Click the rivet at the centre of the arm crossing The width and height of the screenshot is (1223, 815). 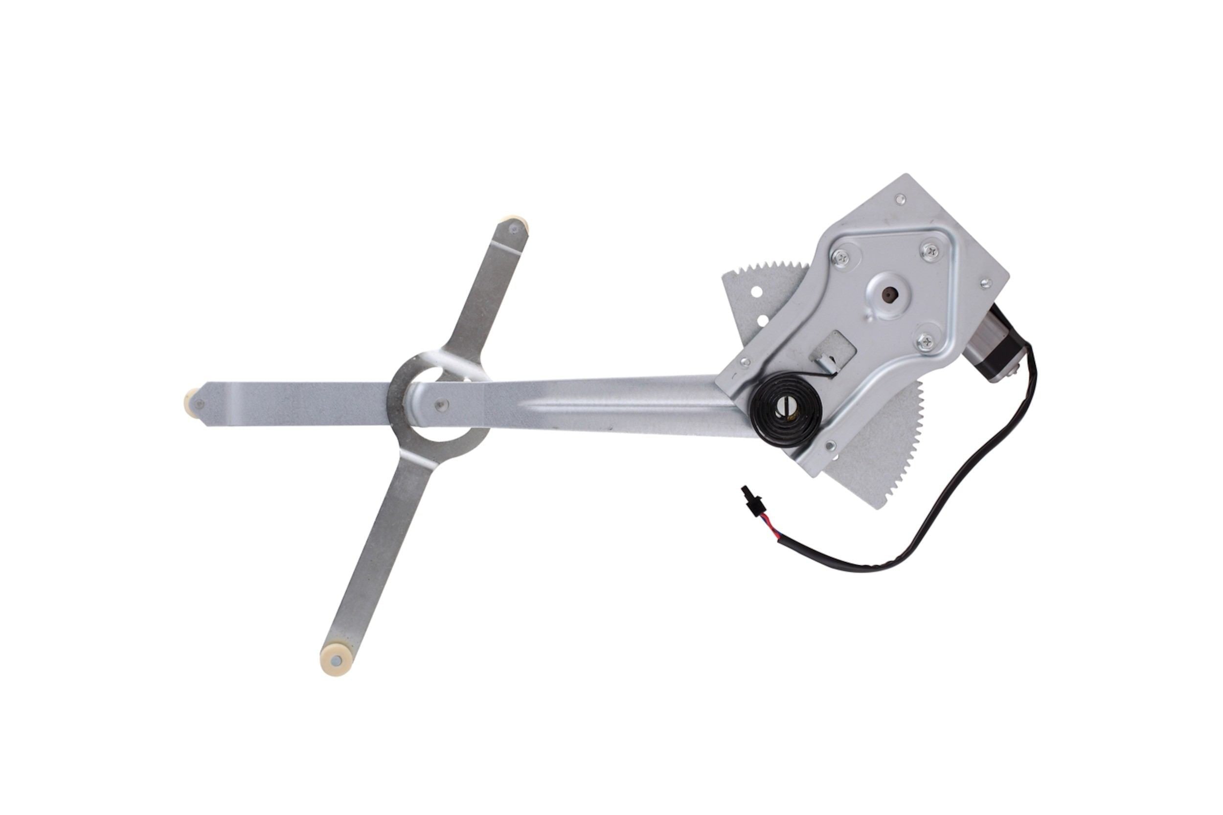point(441,405)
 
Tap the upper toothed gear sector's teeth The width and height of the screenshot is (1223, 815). point(770,272)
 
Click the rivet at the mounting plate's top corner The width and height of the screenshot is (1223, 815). point(901,198)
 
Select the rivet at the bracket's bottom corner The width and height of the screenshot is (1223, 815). point(830,445)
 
